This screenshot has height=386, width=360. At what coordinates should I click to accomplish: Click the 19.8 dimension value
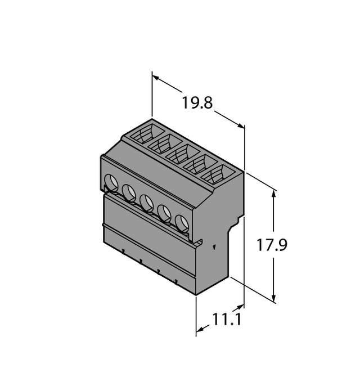tap(197, 104)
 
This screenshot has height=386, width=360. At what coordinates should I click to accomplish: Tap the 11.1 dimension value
tap(227, 320)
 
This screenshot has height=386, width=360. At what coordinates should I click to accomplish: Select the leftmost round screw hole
tap(111, 182)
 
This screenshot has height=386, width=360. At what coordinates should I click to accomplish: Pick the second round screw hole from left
tap(129, 193)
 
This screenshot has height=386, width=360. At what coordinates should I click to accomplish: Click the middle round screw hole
tap(146, 203)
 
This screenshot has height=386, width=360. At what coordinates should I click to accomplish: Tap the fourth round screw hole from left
tap(164, 213)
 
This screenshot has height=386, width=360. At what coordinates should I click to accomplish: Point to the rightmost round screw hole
tap(181, 223)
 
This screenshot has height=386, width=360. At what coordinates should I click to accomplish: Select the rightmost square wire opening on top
tap(217, 175)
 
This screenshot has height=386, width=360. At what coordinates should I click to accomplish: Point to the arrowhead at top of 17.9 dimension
tap(274, 193)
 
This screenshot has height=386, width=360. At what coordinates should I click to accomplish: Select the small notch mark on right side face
tap(214, 246)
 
